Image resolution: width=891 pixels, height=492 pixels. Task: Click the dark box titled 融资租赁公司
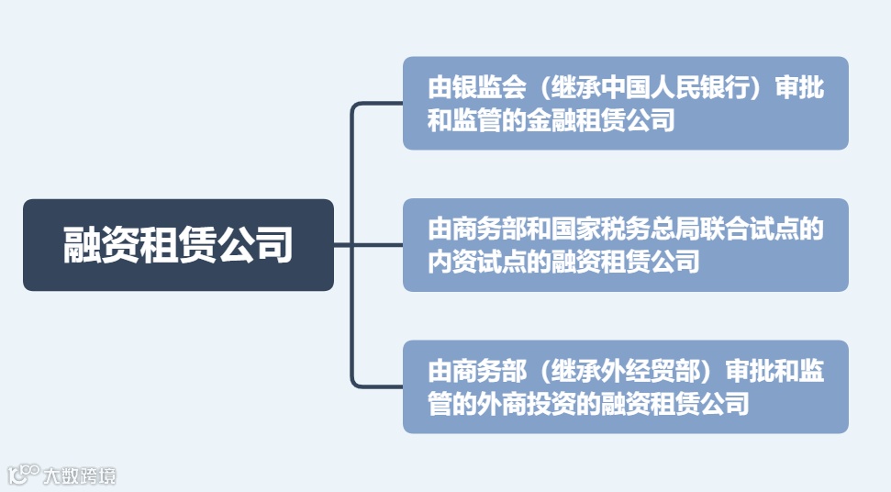[x=178, y=245]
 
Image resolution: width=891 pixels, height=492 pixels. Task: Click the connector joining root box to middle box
[x=368, y=245]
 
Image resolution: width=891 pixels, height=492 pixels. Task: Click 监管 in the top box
[x=477, y=120]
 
